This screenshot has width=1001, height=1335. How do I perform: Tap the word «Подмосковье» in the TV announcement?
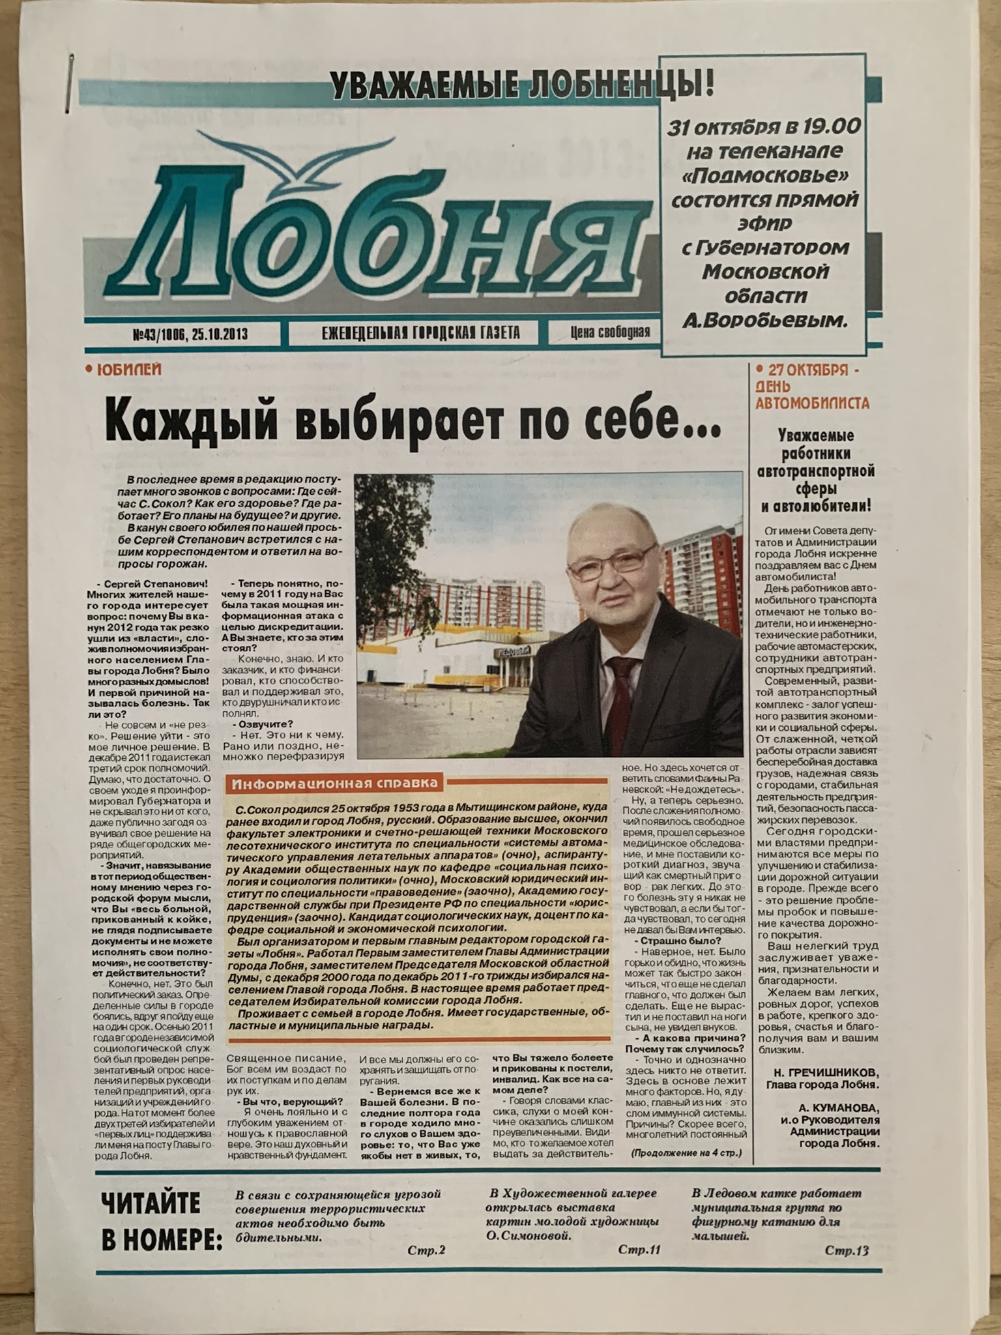click(762, 175)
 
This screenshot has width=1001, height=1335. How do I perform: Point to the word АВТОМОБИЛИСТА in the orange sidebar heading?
click(812, 403)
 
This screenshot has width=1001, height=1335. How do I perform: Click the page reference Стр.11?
click(639, 1250)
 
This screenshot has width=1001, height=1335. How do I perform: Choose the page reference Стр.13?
click(846, 1250)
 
